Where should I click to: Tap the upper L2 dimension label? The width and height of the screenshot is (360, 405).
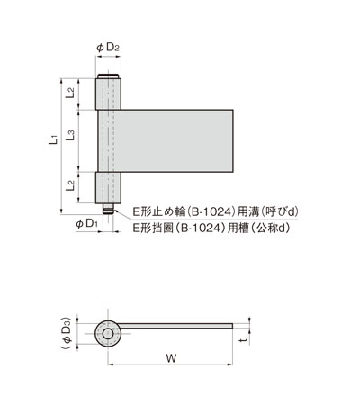click(x=71, y=91)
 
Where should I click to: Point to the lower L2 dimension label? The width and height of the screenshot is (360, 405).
click(x=71, y=187)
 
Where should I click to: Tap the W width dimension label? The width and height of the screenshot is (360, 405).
click(x=171, y=359)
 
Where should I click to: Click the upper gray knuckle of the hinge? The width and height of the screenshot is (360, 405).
click(x=109, y=91)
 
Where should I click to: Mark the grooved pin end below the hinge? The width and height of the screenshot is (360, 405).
click(x=109, y=209)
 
